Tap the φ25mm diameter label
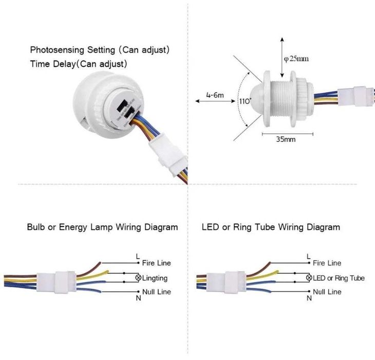(296, 59)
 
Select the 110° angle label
(244, 101)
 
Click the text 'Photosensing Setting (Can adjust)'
(100, 50)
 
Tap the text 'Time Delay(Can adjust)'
(79, 64)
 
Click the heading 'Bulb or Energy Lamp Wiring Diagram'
(102, 227)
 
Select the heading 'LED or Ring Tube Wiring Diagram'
(271, 227)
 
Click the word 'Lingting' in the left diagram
(155, 278)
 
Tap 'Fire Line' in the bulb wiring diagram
(156, 263)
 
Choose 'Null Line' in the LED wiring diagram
(327, 292)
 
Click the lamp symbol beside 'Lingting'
(138, 278)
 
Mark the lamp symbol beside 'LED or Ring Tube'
(309, 278)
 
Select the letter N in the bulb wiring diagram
(138, 298)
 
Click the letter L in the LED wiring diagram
(308, 256)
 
